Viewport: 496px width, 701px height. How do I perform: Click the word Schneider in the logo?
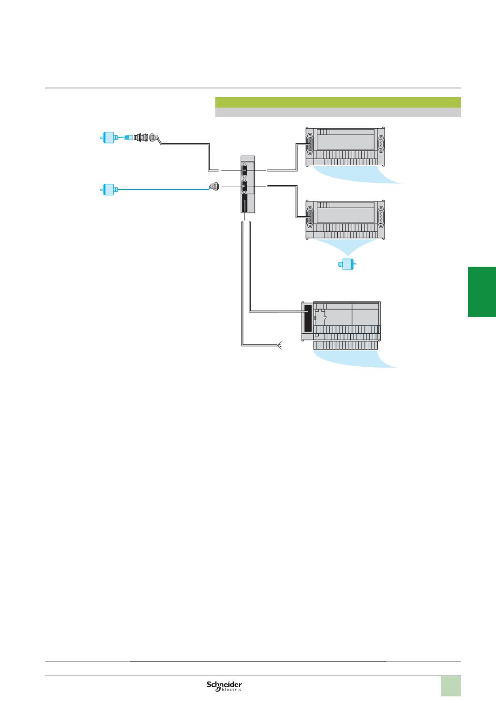[x=224, y=684]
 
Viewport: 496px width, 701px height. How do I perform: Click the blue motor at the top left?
[x=109, y=138]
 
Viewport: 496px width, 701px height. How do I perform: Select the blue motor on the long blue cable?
[x=109, y=190]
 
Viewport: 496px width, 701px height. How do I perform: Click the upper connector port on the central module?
[x=244, y=170]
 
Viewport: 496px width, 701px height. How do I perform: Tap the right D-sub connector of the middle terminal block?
[x=381, y=218]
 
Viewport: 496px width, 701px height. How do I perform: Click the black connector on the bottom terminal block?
[x=307, y=318]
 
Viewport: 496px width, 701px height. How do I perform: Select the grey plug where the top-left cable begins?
[x=153, y=137]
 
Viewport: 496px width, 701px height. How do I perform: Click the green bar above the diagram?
[x=338, y=102]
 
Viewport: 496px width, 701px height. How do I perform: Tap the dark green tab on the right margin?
[x=482, y=292]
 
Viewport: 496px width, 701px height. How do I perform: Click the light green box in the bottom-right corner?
[x=450, y=686]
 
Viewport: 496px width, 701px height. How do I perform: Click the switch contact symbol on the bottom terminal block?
[x=324, y=314]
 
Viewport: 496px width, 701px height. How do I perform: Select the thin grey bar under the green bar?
[x=338, y=112]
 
